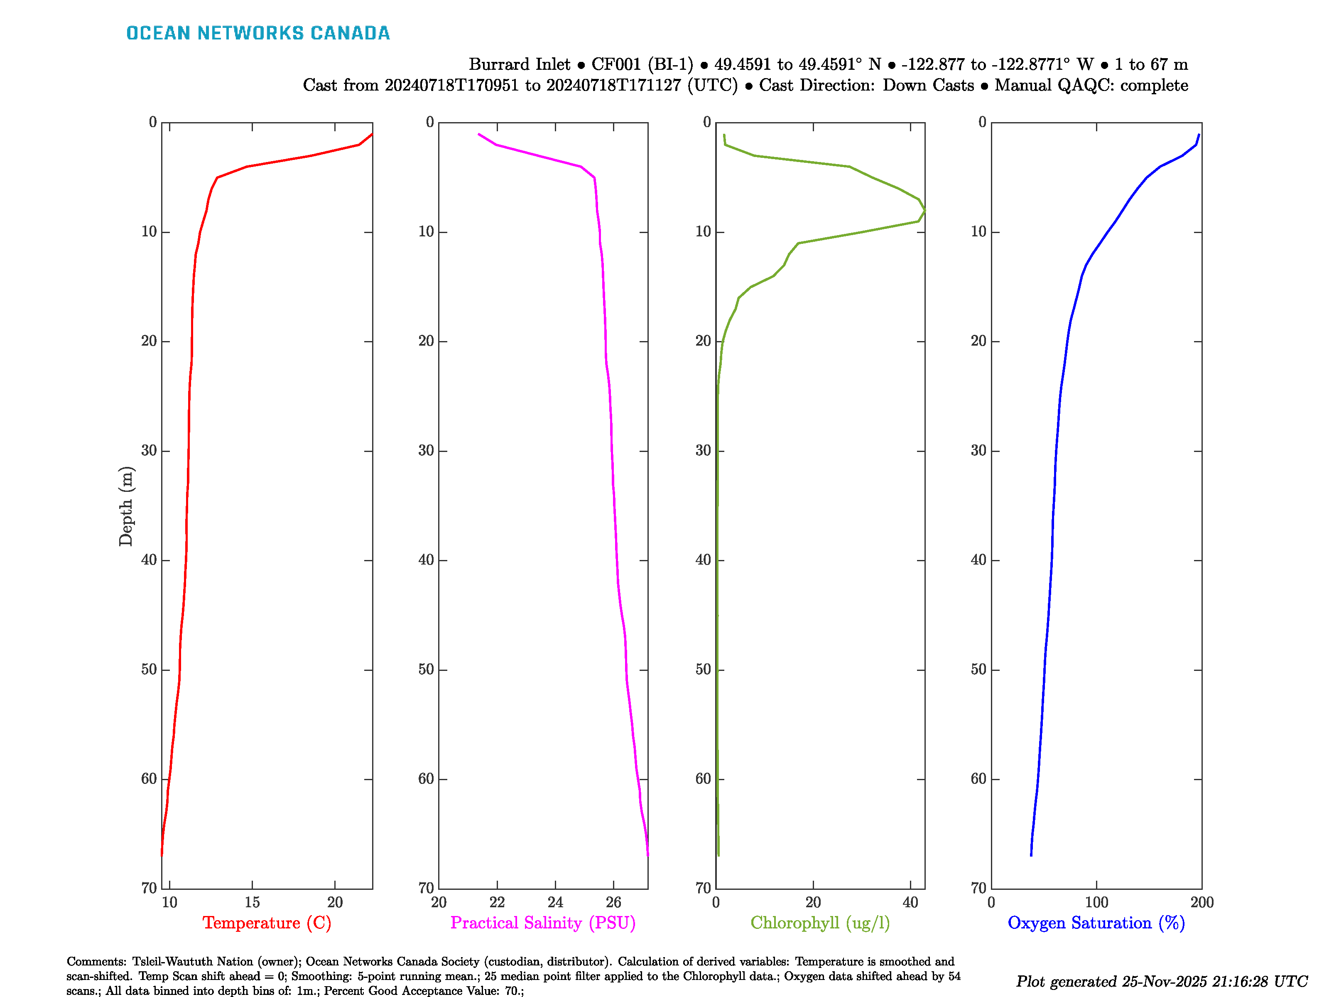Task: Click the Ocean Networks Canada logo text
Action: click(258, 33)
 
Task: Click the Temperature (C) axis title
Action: click(267, 923)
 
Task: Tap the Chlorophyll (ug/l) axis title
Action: click(820, 923)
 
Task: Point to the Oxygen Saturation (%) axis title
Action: click(1096, 923)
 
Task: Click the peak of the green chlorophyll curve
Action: click(924, 210)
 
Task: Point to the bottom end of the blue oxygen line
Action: click(1031, 855)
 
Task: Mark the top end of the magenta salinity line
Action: click(479, 134)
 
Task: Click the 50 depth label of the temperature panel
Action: click(149, 670)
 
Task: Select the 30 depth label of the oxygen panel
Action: click(979, 451)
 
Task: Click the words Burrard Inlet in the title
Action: click(519, 64)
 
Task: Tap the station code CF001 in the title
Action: click(616, 64)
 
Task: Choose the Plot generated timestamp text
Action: click(1161, 981)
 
